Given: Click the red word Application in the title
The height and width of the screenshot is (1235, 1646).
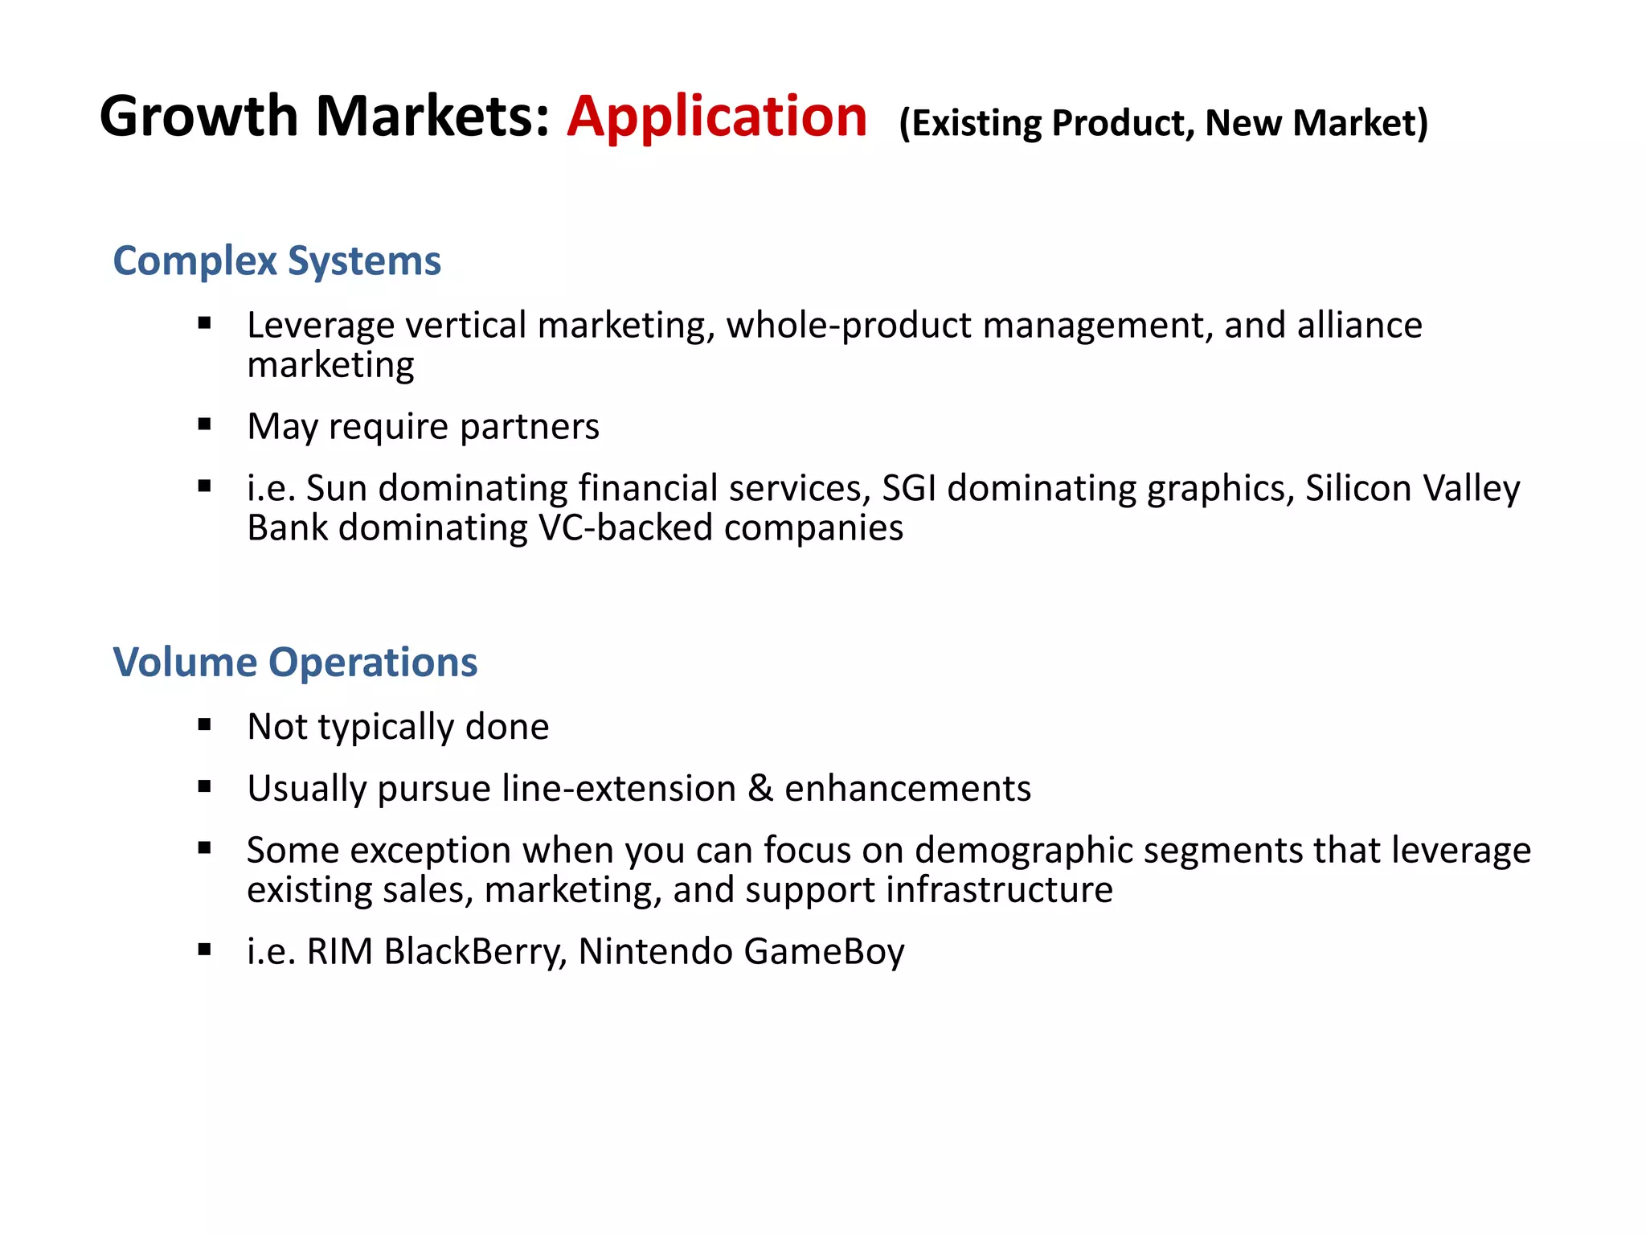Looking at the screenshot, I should pyautogui.click(x=716, y=117).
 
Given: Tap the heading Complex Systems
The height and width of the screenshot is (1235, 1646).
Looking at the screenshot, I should pyautogui.click(x=276, y=261).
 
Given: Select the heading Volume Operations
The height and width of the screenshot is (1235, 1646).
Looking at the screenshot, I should pyautogui.click(x=295, y=663).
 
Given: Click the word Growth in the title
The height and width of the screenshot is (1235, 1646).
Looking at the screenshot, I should pyautogui.click(x=199, y=117).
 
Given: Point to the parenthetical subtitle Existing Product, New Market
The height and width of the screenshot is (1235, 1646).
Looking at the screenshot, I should pyautogui.click(x=1163, y=123).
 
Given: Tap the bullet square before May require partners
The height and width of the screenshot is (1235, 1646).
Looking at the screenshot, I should pyautogui.click(x=204, y=425).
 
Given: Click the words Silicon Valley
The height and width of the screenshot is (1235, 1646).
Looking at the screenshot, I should pyautogui.click(x=1412, y=489).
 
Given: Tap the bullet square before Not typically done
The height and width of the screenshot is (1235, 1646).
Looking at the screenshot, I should pyautogui.click(x=204, y=725).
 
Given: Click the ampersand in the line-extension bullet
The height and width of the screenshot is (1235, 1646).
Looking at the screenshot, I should pyautogui.click(x=760, y=789).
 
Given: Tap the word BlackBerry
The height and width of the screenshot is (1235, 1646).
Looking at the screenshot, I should pyautogui.click(x=475, y=952).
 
